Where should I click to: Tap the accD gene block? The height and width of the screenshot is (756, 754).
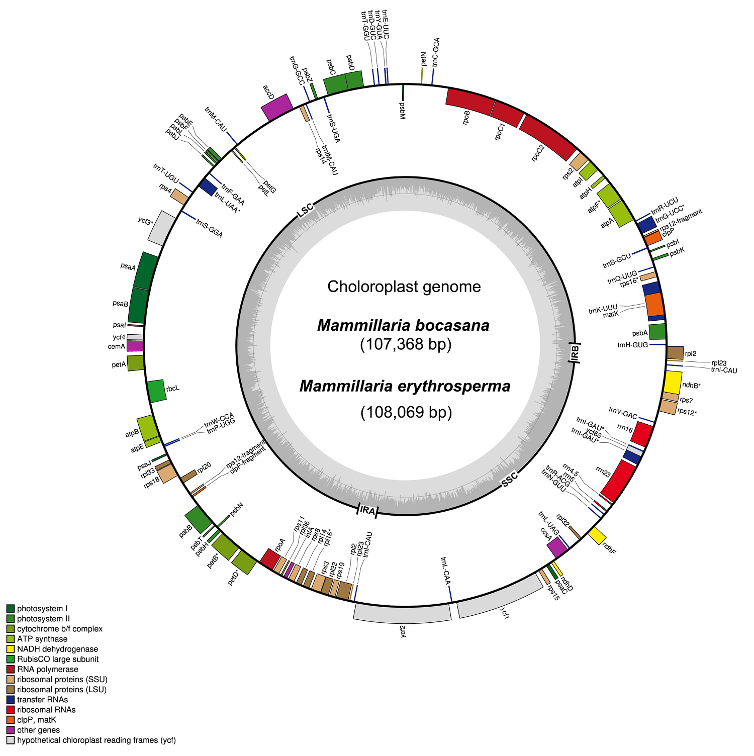click(x=277, y=107)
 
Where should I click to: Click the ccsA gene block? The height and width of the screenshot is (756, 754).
click(x=556, y=547)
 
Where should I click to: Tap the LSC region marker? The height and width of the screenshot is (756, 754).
click(x=305, y=211)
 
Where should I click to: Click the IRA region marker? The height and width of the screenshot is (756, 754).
click(x=367, y=510)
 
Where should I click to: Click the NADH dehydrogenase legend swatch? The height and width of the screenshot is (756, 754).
click(x=11, y=649)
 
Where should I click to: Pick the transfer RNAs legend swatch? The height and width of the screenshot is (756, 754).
click(x=11, y=700)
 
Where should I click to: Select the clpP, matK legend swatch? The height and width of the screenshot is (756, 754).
click(x=11, y=720)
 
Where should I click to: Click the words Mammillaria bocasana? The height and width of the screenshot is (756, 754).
click(x=403, y=325)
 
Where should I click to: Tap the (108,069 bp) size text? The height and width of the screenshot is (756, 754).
click(x=406, y=412)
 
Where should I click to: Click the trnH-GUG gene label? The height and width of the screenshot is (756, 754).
click(x=632, y=345)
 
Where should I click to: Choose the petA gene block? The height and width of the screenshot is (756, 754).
click(x=136, y=363)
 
